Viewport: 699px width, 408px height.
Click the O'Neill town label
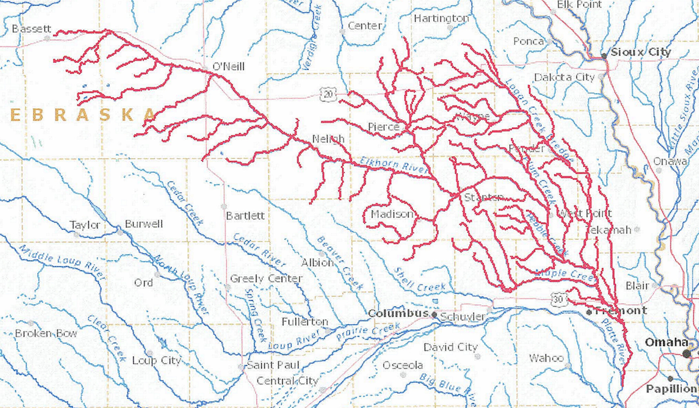point(228,67)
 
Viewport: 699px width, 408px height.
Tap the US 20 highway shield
point(328,94)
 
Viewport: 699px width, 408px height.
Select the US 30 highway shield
point(558,300)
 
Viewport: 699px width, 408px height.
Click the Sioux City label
point(640,52)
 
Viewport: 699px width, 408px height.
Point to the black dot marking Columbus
point(434,315)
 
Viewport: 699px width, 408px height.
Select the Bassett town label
point(32,29)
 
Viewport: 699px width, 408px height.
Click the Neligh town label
point(328,139)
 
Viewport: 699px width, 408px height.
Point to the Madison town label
point(392,214)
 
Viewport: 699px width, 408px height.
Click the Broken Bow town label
point(46,333)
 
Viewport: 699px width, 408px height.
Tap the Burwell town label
point(144,224)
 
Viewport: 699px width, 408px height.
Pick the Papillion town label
point(672,389)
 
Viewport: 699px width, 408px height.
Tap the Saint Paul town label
point(273,365)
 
